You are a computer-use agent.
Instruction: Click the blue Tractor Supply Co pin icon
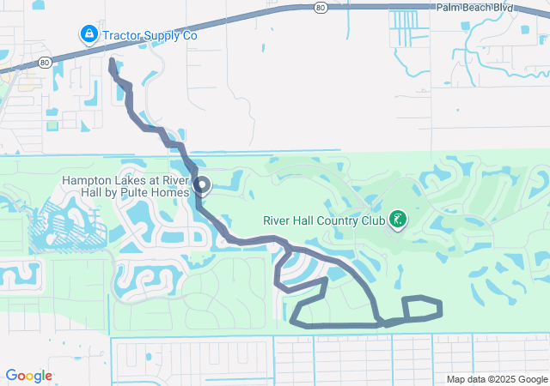click(89, 35)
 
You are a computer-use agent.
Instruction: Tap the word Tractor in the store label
click(122, 36)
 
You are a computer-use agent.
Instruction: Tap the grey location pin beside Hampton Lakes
click(203, 184)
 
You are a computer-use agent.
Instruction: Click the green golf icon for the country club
click(398, 220)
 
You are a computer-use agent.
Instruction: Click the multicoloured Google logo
click(28, 376)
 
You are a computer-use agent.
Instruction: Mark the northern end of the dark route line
click(112, 61)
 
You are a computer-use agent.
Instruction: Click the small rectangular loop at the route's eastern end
click(422, 309)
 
